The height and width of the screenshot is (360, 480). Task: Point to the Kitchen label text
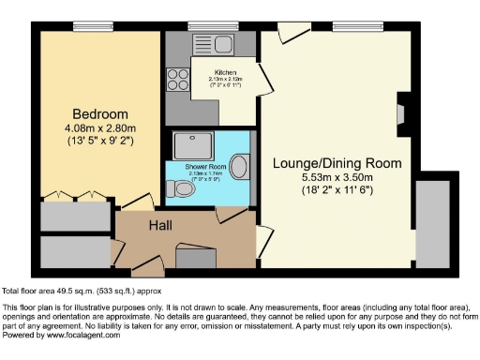225,71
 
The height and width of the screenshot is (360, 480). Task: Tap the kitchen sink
213,43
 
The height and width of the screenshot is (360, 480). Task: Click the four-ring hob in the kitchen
177,79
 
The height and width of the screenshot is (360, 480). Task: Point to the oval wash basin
239,168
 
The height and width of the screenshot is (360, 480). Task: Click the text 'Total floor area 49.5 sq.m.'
56,292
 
